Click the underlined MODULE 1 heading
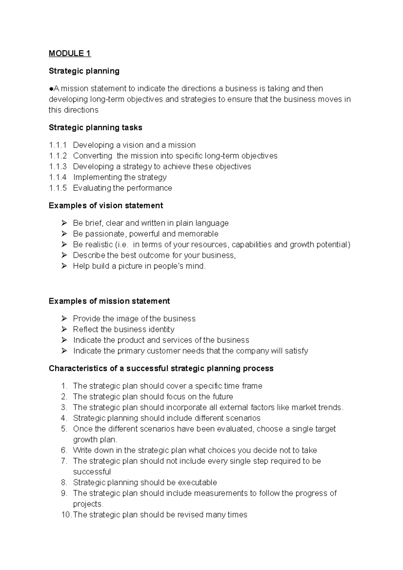click(x=70, y=53)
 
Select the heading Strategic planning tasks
click(x=95, y=128)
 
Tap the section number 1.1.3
click(x=58, y=167)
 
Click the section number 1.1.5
click(x=58, y=188)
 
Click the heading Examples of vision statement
click(x=106, y=205)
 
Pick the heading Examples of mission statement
click(x=109, y=301)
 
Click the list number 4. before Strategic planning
click(x=64, y=418)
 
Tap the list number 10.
click(x=66, y=515)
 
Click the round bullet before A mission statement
click(x=51, y=89)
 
